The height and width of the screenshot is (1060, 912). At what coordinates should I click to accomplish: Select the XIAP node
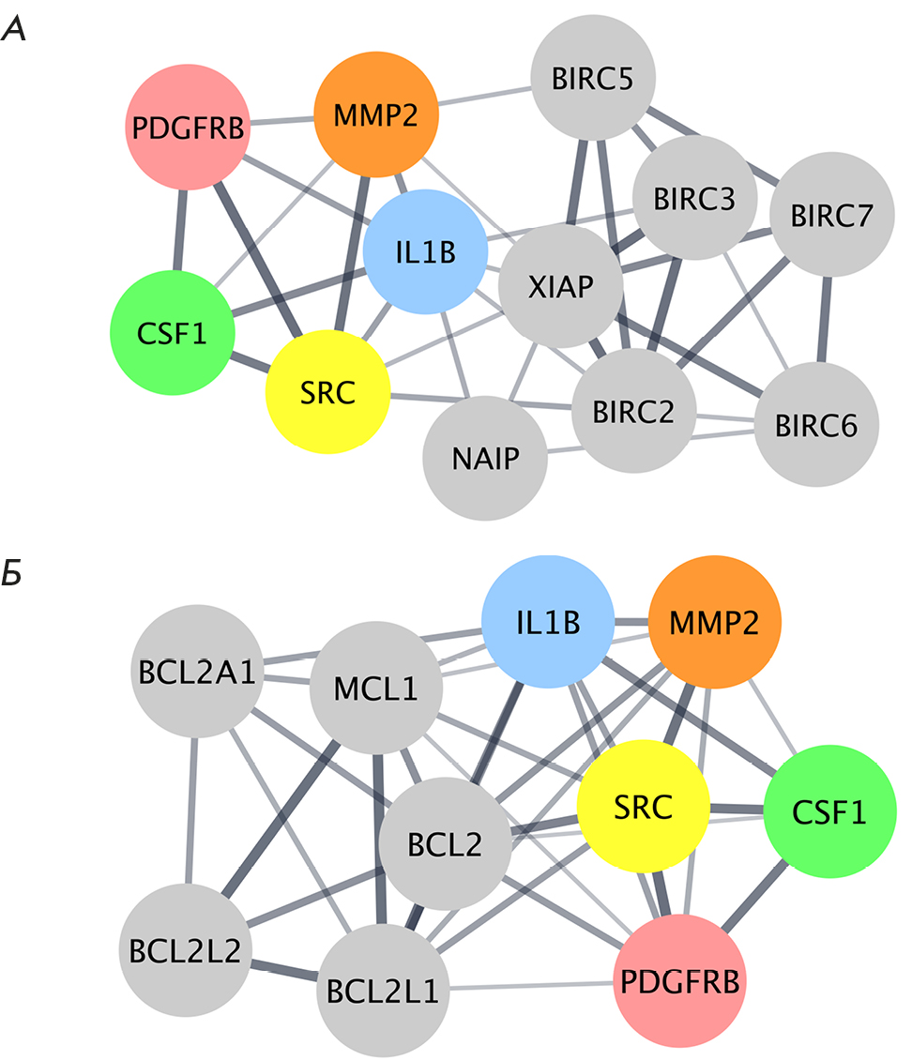(x=560, y=286)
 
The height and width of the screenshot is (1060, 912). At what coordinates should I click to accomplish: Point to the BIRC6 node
(x=815, y=427)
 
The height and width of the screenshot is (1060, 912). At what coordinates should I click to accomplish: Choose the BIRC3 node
(x=694, y=199)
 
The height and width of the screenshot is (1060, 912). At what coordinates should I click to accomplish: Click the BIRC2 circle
(x=634, y=411)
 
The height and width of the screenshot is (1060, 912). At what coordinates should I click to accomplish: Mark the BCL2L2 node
(x=182, y=949)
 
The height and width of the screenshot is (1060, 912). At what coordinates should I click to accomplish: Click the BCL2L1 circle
(x=383, y=990)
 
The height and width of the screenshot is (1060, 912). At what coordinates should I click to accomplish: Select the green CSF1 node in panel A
(x=171, y=332)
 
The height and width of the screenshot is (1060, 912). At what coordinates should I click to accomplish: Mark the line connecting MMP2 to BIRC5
(x=485, y=99)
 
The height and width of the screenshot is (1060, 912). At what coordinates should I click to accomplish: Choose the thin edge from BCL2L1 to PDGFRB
(x=531, y=986)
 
